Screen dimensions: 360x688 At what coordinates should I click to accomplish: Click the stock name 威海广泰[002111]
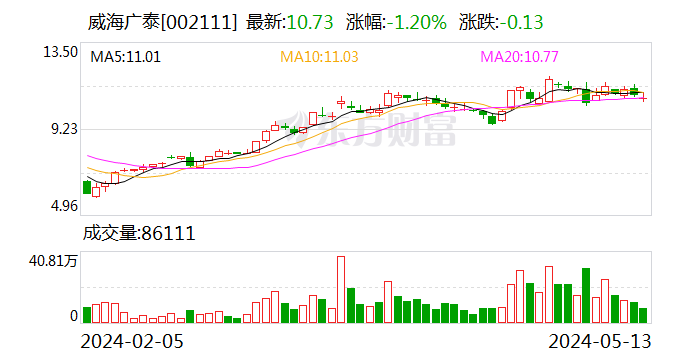tap(162, 21)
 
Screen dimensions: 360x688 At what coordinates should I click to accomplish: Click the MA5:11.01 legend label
tap(126, 57)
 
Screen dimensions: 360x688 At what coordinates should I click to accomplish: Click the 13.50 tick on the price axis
tap(59, 51)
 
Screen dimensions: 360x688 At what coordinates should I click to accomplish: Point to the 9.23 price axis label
tap(62, 128)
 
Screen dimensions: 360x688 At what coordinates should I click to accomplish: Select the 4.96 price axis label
tap(62, 206)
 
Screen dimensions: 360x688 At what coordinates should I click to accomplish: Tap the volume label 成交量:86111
tap(138, 234)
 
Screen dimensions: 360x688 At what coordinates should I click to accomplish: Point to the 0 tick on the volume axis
tap(73, 315)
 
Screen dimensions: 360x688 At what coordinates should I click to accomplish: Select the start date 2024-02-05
tap(134, 340)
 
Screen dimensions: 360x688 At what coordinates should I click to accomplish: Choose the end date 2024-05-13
tap(597, 340)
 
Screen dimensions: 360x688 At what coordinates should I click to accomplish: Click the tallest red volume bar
tap(341, 290)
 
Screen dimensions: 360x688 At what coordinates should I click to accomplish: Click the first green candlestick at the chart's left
tap(87, 186)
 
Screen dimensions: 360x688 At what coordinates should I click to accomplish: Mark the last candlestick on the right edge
tap(644, 98)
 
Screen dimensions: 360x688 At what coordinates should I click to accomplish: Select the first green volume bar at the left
tap(87, 315)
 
